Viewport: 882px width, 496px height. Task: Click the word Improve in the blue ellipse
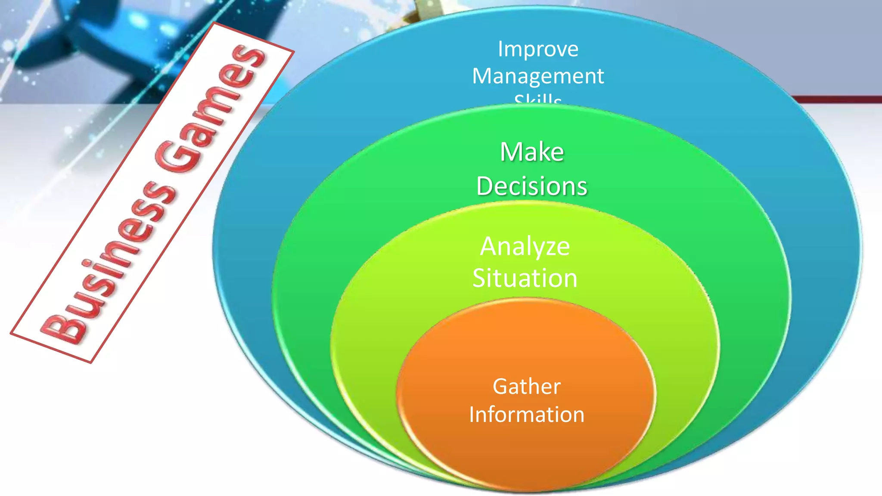click(x=538, y=49)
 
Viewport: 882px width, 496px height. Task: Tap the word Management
click(x=538, y=76)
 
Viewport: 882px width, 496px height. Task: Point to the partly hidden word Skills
click(x=538, y=100)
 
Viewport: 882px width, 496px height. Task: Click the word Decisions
click(x=532, y=186)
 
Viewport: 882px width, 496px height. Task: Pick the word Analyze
click(x=525, y=246)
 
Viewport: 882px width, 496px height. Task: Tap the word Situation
click(x=525, y=278)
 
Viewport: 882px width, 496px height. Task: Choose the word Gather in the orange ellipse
click(x=527, y=386)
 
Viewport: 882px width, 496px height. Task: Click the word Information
click(x=527, y=414)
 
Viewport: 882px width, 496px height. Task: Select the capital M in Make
click(x=510, y=152)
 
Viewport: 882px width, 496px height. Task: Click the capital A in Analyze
click(x=490, y=246)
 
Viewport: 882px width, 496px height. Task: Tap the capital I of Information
click(x=472, y=414)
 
